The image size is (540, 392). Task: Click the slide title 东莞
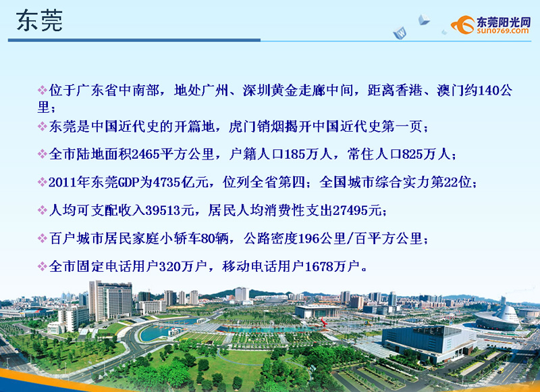(39, 21)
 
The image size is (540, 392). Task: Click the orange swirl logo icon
(462, 24)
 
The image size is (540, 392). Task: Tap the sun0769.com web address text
(502, 31)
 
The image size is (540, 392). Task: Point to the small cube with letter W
(400, 32)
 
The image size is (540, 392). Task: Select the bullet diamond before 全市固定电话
(43, 266)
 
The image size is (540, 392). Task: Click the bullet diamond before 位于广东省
(43, 90)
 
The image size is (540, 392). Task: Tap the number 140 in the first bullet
(488, 91)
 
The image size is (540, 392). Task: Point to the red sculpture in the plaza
(323, 322)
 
